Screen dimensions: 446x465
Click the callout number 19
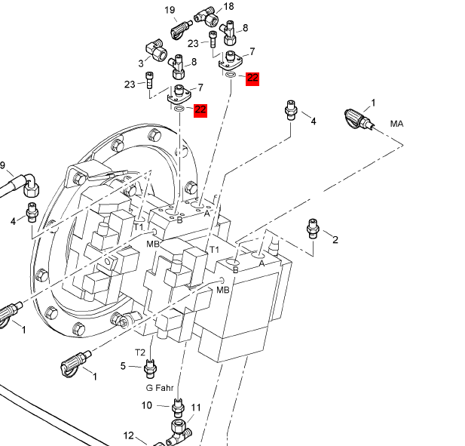coord(170,10)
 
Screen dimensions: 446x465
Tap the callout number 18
coord(228,6)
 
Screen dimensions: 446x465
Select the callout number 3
coord(141,63)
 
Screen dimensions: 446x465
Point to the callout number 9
coord(2,165)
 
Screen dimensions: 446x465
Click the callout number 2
coord(335,240)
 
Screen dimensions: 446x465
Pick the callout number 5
coord(124,366)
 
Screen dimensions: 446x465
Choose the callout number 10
coord(147,405)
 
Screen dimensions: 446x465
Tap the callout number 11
coord(196,408)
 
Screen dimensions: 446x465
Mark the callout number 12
coord(129,435)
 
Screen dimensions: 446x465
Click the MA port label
coord(397,123)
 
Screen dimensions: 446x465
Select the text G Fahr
coord(160,387)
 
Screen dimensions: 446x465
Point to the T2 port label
coord(140,352)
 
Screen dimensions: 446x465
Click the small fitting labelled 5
coord(150,368)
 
